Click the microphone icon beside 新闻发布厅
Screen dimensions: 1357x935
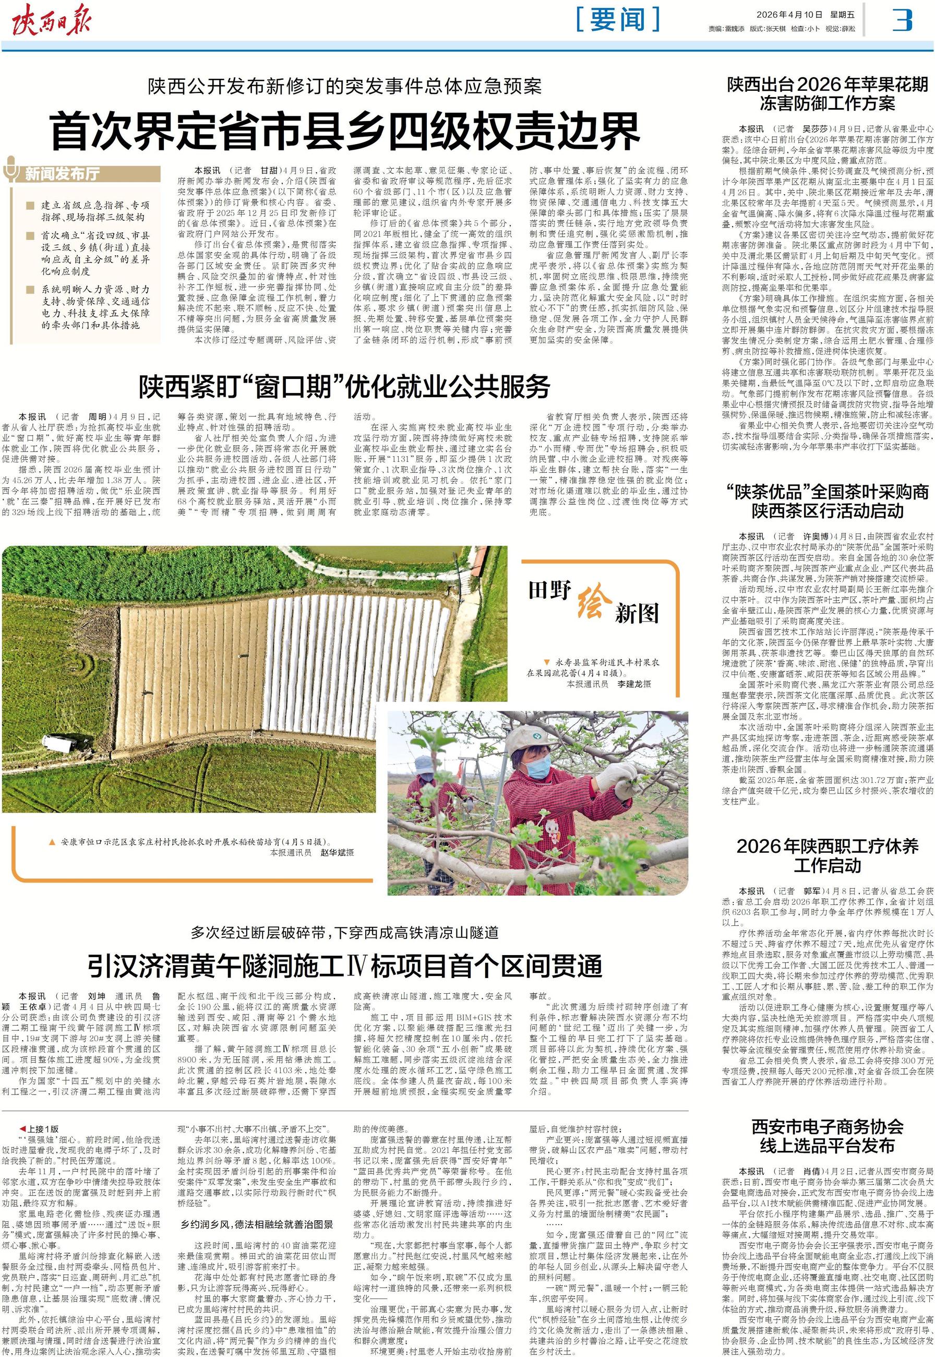pos(11,170)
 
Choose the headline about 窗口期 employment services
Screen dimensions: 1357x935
pos(344,387)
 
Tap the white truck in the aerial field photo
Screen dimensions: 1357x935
pos(55,744)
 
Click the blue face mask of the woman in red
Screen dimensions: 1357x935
pos(539,766)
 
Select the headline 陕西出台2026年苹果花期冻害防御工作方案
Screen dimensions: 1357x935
pos(827,94)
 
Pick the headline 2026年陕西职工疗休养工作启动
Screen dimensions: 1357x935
pos(827,855)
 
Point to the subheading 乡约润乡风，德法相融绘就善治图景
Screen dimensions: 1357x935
pos(257,1208)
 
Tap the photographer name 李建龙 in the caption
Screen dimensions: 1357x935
pos(634,684)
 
